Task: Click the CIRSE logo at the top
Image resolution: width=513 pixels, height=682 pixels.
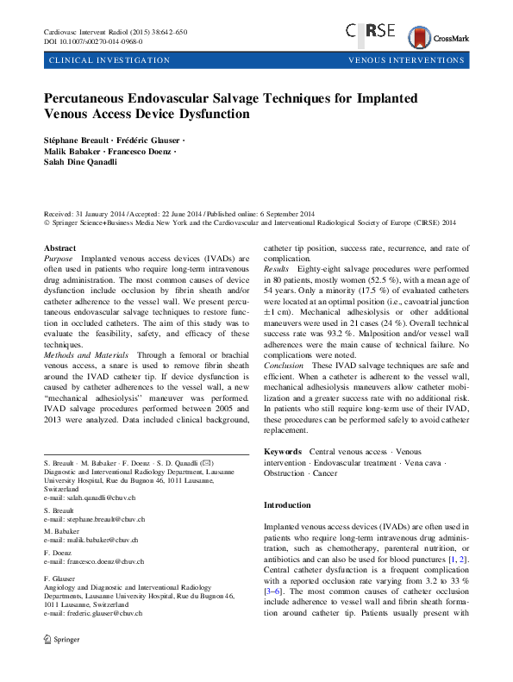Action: click(x=370, y=31)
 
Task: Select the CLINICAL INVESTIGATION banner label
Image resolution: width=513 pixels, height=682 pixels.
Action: click(x=109, y=60)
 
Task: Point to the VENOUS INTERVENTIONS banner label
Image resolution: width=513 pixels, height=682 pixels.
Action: click(x=406, y=60)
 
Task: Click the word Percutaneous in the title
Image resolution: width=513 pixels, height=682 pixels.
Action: click(x=91, y=97)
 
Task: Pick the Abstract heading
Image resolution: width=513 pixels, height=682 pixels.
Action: click(x=59, y=248)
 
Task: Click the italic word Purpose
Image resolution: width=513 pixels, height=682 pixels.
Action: click(x=58, y=258)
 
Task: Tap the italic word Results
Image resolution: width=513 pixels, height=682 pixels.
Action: click(x=277, y=268)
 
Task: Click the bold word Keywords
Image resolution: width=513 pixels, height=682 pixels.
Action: click(x=283, y=451)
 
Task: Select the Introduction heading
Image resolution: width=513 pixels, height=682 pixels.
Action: click(x=287, y=504)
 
